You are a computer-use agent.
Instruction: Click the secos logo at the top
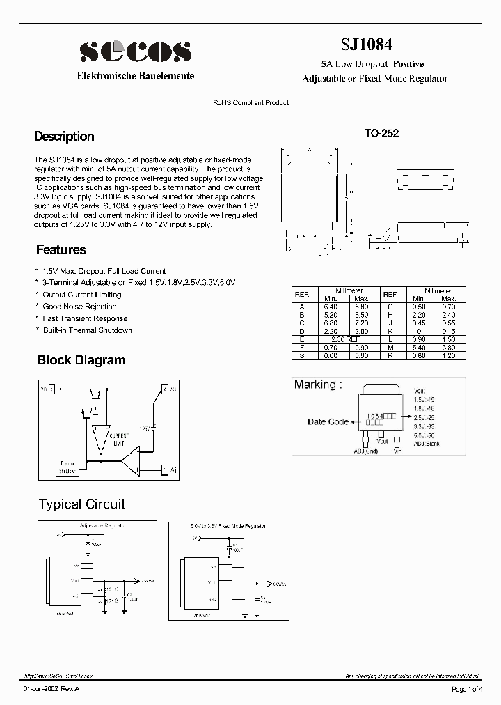point(135,52)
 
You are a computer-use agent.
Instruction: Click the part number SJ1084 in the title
point(366,44)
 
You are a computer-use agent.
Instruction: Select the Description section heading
point(64,137)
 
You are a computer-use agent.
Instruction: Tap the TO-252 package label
point(381,134)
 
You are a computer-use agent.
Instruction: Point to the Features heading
point(61,249)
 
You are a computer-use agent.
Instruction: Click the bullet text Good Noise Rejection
point(79,307)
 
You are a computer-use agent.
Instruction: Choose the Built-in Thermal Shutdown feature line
point(87,330)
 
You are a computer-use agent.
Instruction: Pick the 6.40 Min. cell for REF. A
point(330,307)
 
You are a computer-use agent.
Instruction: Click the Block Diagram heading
point(81,360)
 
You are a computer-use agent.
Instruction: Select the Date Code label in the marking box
point(328,421)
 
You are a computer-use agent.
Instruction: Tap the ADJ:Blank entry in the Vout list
point(425,443)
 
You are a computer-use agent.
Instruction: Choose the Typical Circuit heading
point(81,504)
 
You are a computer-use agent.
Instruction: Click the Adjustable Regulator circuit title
point(103,525)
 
